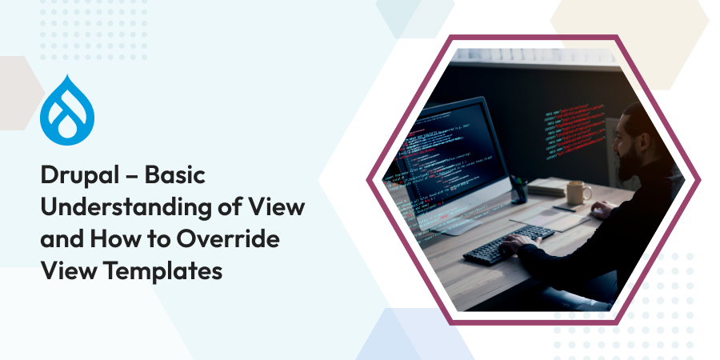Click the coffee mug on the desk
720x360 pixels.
tap(577, 192)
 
